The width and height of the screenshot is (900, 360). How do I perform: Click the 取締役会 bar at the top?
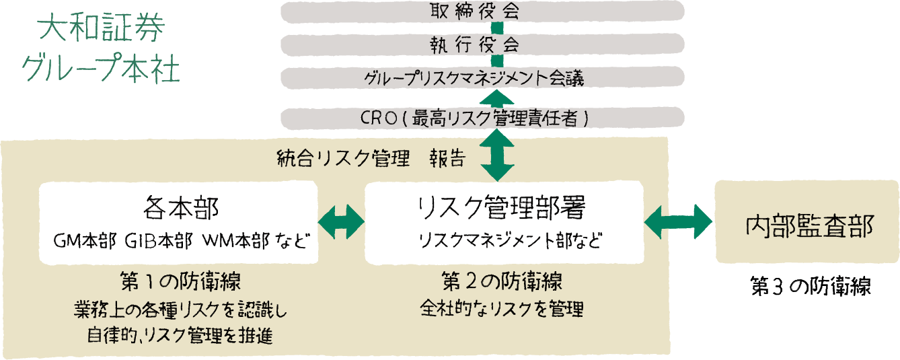482,11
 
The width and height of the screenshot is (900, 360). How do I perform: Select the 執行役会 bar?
482,45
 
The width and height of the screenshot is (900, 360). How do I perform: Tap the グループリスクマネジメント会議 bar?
482,78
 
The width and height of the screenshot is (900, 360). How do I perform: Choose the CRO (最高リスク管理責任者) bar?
482,118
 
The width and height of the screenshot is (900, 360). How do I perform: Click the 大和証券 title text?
102,30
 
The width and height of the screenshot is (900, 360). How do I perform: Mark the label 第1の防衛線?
180,279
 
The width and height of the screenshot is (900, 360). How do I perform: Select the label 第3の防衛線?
811,286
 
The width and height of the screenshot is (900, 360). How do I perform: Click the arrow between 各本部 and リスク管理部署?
341,220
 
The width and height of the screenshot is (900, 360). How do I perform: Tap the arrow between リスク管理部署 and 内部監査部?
678,220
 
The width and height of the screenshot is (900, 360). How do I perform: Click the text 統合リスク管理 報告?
371,158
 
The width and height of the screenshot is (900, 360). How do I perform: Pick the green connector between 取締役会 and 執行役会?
497,28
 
